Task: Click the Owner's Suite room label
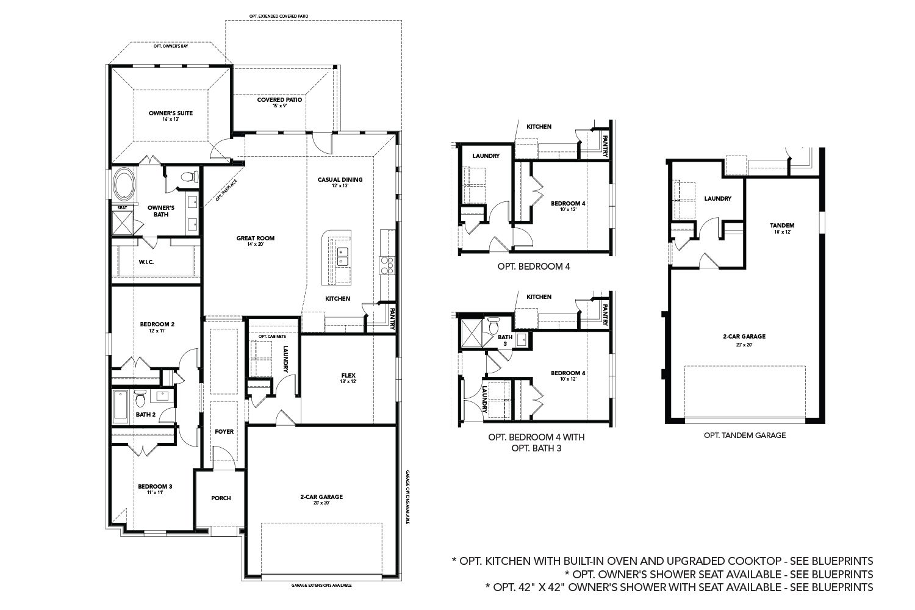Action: click(171, 113)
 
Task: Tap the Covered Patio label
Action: click(279, 100)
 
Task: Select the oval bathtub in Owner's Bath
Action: click(124, 185)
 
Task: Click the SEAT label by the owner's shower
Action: click(122, 207)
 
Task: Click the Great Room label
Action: click(256, 238)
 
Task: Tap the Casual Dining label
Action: click(340, 180)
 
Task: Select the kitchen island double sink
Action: click(342, 256)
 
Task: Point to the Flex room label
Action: click(348, 375)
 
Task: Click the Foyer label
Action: click(224, 431)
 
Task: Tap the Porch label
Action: click(221, 498)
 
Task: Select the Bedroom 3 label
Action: click(155, 486)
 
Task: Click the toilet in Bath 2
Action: click(140, 400)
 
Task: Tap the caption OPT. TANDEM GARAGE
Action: click(744, 436)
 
